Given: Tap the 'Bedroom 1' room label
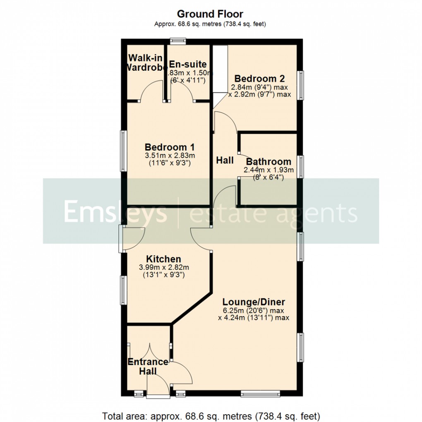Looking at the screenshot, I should (170, 147).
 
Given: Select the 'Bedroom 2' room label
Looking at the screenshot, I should (259, 79).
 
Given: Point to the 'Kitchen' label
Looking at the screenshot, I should (164, 259).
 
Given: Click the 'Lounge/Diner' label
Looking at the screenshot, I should (253, 302).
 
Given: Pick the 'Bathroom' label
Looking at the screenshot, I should (269, 162).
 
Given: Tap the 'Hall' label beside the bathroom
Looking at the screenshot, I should (225, 160).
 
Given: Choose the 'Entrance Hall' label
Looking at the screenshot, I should (148, 366).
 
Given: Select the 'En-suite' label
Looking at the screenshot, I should (187, 65).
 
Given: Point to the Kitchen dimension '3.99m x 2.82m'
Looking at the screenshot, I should (164, 267).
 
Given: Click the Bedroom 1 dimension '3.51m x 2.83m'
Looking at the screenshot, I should (170, 156).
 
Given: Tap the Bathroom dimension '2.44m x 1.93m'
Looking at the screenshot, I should (269, 170).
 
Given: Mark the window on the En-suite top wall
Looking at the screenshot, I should (178, 41).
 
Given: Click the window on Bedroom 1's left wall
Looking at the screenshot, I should (123, 151).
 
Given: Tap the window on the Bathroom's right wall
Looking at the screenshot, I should (302, 166).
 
